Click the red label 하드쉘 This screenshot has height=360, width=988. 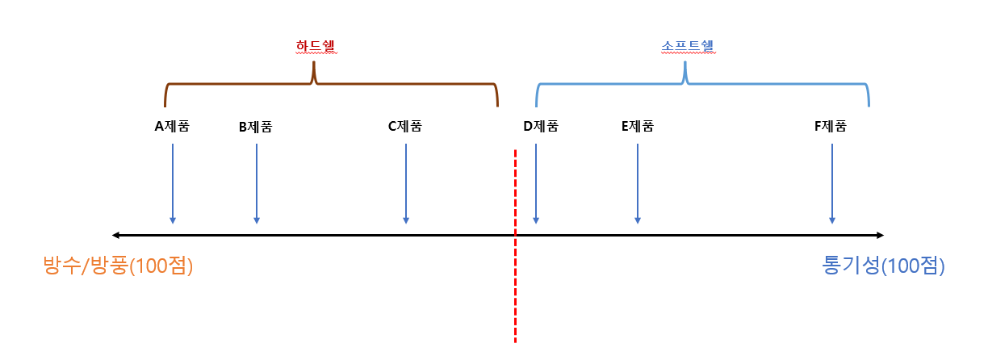point(315,47)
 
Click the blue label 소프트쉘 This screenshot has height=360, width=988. point(685,47)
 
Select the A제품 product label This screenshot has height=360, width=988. point(172,126)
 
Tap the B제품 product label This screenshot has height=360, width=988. point(256,127)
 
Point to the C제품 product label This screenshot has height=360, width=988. point(405,126)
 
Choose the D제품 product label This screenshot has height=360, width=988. point(541,126)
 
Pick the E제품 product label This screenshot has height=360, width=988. point(637,126)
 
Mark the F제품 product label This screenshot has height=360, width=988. point(831,126)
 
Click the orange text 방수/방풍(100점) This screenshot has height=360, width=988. point(119,266)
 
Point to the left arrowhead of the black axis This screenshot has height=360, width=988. point(116,235)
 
